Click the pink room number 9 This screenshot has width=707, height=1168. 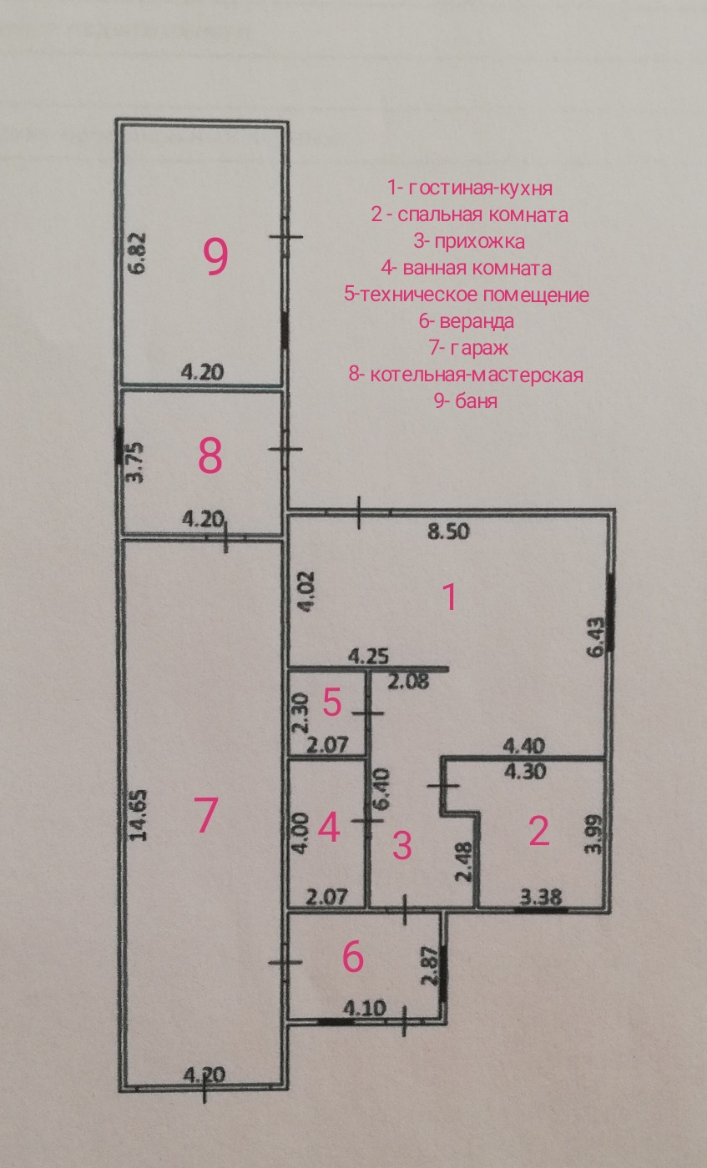[x=216, y=257]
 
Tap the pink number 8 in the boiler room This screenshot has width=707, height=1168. [x=210, y=456]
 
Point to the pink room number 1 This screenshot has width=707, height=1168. [x=449, y=597]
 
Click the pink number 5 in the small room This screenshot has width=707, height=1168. [x=332, y=702]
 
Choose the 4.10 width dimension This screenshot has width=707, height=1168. [x=366, y=1008]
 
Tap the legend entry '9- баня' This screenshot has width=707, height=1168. [x=466, y=401]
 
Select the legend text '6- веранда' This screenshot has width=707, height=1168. [x=466, y=320]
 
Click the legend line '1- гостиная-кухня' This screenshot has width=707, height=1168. [x=470, y=187]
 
